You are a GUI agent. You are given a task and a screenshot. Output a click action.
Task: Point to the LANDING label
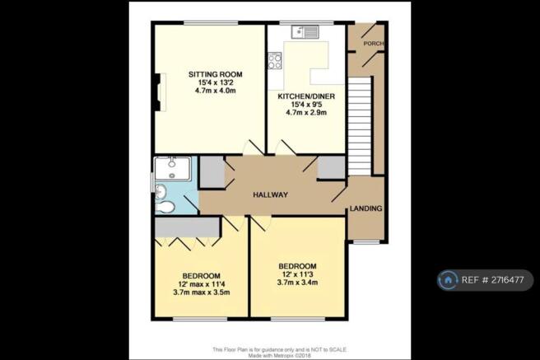(x=365, y=208)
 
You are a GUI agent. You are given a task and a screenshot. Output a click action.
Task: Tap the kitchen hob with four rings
(x=274, y=60)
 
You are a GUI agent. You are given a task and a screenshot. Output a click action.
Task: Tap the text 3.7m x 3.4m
(x=297, y=284)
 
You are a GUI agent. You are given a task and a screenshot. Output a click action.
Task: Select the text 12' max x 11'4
(x=200, y=284)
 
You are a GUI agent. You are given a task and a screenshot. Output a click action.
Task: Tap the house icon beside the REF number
(x=449, y=281)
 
